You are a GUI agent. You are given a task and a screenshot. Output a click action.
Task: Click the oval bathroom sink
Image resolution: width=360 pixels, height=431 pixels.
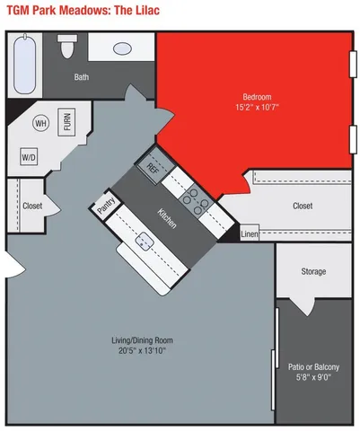click(x=122, y=48)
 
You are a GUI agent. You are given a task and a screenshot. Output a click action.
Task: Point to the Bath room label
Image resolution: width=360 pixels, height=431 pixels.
click(x=82, y=77)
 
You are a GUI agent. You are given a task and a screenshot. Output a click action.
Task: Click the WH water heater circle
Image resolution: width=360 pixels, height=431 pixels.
click(x=40, y=123)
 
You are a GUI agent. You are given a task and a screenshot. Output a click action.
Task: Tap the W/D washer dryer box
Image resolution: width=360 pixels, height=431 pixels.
click(x=29, y=157)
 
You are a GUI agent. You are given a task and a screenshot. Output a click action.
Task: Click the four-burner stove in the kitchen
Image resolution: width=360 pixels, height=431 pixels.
click(x=196, y=198)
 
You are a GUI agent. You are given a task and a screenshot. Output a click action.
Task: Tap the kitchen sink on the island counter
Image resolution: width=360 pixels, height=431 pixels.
click(x=144, y=241)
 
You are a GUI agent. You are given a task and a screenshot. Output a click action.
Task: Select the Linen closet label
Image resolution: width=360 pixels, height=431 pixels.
click(x=250, y=234)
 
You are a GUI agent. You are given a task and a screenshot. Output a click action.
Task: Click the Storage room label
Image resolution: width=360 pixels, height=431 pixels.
click(x=313, y=271)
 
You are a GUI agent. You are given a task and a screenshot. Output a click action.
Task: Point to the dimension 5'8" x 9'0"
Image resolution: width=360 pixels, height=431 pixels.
click(x=313, y=377)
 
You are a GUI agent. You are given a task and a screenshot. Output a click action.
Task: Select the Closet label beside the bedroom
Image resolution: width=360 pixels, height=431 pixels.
click(x=303, y=206)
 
